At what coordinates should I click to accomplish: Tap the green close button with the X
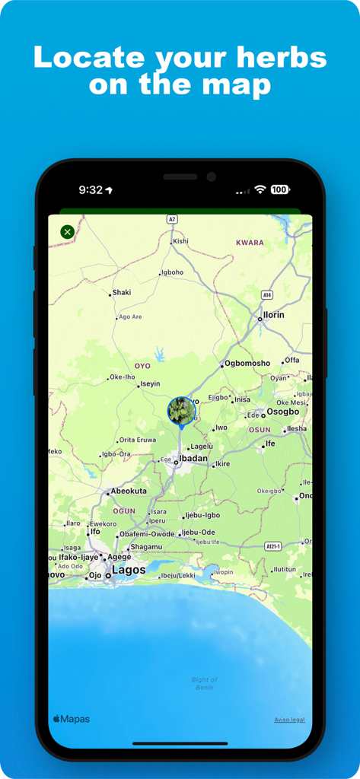click(x=67, y=231)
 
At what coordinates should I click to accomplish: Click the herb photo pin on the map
click(x=181, y=411)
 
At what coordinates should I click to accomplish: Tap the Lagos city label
click(x=129, y=570)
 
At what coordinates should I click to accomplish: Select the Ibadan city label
click(x=193, y=459)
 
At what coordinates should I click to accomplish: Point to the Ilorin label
click(x=273, y=315)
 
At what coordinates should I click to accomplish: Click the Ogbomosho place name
click(x=247, y=363)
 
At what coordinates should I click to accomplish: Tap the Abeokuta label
click(x=129, y=491)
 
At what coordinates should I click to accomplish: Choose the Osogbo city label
click(x=283, y=412)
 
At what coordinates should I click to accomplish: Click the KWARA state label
click(x=250, y=243)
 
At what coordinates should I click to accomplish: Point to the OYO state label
click(x=142, y=366)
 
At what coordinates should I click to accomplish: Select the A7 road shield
click(x=172, y=219)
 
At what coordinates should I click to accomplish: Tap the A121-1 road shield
click(x=273, y=546)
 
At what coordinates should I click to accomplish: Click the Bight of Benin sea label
click(x=205, y=683)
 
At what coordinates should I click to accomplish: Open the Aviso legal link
click(x=289, y=720)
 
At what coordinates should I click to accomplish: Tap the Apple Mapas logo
click(x=71, y=719)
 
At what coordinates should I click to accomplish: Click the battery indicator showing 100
click(x=279, y=189)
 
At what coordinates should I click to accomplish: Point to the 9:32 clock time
click(x=91, y=189)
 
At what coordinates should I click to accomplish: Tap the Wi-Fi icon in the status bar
click(x=260, y=189)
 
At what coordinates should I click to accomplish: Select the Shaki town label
click(x=122, y=292)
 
